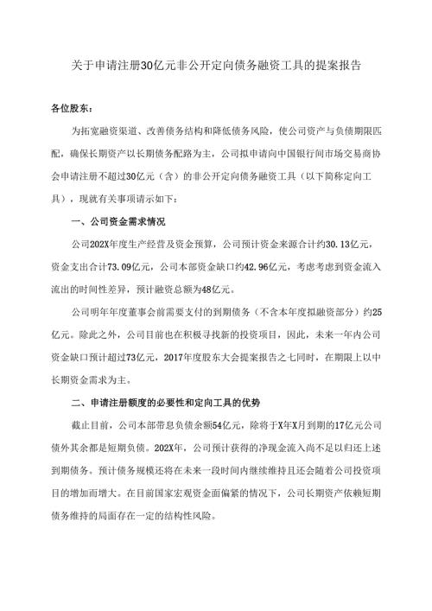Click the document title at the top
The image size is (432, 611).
[216, 65]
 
